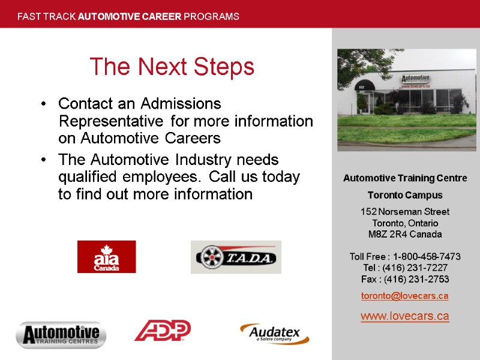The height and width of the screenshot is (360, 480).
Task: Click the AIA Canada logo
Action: click(x=106, y=257)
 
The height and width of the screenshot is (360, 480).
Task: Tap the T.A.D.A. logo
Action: click(x=236, y=257)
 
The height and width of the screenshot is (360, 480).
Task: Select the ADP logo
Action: click(x=162, y=330)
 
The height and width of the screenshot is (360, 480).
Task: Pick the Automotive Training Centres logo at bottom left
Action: click(x=61, y=335)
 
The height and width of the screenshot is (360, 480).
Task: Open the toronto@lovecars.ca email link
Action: click(x=404, y=296)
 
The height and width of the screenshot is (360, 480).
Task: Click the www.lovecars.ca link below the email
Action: click(x=404, y=316)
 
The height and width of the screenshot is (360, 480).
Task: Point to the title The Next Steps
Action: click(x=172, y=67)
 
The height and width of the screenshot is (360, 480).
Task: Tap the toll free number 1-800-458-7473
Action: click(x=427, y=257)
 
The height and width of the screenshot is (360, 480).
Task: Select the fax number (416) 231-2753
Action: click(x=418, y=280)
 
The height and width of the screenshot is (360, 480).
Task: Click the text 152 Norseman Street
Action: click(x=404, y=211)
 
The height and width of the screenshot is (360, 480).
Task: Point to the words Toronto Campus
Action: click(x=404, y=195)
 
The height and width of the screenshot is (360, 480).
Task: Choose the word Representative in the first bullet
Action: click(x=110, y=121)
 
